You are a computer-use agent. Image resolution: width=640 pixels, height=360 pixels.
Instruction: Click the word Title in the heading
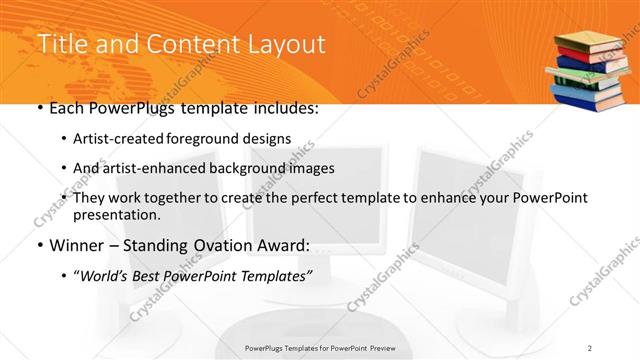click(x=60, y=45)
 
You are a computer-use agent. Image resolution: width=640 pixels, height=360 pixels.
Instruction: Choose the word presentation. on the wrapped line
click(x=117, y=214)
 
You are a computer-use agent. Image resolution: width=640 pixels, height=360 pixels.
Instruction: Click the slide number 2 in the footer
click(x=590, y=348)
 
